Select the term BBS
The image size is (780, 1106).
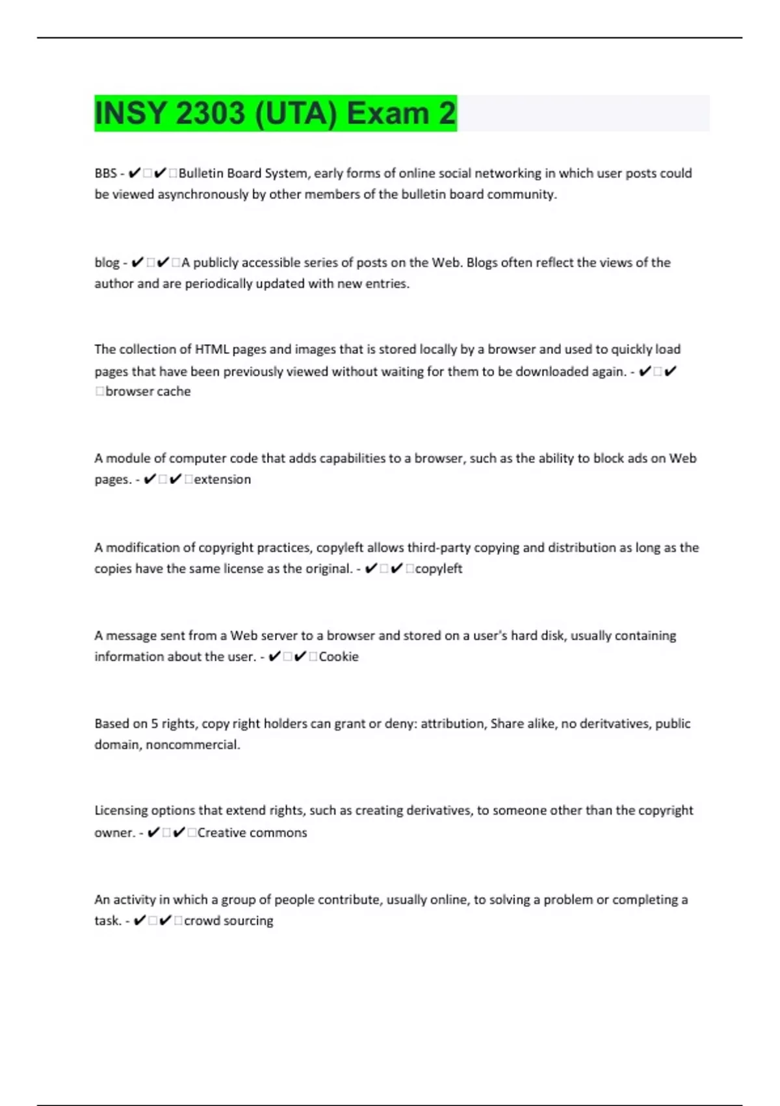[105, 173]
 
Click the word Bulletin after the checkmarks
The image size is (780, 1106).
[200, 173]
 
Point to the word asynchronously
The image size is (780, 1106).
[203, 194]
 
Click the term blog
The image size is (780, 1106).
[107, 263]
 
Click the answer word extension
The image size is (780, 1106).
[222, 479]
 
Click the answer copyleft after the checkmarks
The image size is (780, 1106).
[439, 569]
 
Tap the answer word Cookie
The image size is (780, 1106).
[339, 656]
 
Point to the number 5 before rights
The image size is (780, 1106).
[155, 723]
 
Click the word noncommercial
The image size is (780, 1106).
[193, 744]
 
